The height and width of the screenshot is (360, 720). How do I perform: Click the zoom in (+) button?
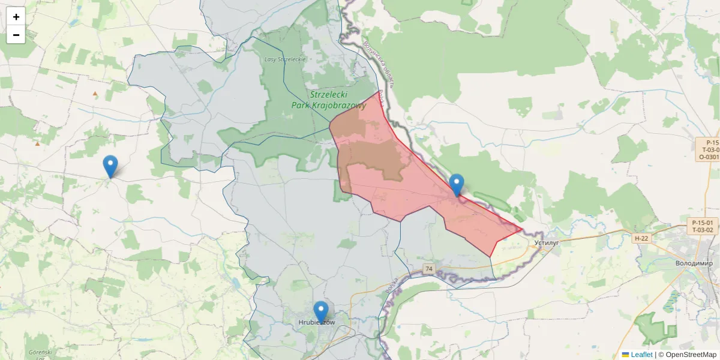point(16,16)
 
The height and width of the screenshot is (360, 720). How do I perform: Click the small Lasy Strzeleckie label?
point(285,59)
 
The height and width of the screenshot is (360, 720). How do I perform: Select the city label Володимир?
point(694,263)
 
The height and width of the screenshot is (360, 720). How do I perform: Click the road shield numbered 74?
point(428,269)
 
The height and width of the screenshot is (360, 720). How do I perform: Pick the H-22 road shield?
point(641,238)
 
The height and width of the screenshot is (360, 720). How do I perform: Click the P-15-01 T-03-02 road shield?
point(703,226)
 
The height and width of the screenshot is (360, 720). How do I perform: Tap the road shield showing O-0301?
point(709,157)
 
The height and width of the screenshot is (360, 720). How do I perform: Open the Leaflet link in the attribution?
point(641,355)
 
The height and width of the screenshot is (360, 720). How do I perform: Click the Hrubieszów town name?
point(316,323)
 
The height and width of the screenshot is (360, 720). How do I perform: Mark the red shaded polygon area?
point(420,186)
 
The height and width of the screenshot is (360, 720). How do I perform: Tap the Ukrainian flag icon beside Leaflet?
point(625,355)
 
